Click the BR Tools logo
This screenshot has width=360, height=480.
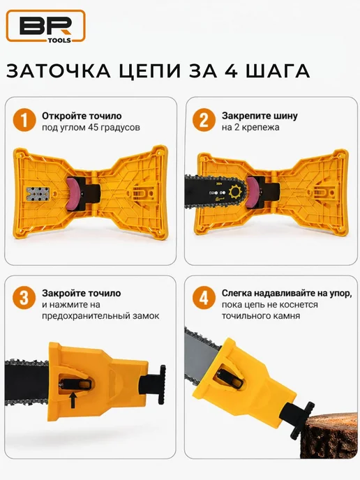tap(45, 26)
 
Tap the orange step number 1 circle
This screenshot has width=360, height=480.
tap(24, 120)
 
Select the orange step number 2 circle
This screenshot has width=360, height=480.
tap(204, 120)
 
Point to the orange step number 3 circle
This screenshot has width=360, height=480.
tap(24, 297)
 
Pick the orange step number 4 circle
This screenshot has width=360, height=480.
tap(204, 297)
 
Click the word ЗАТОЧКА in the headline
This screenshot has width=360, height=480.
tap(59, 71)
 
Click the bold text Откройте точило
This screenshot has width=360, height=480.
tap(82, 116)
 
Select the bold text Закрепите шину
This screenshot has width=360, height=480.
tap(260, 116)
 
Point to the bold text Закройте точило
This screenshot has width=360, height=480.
tap(82, 293)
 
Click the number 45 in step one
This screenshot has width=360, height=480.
tap(93, 127)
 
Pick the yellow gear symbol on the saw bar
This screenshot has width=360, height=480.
tap(236, 193)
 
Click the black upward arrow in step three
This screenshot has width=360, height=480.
tap(73, 400)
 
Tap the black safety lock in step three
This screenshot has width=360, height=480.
tap(76, 383)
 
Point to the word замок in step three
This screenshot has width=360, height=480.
tap(144, 315)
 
